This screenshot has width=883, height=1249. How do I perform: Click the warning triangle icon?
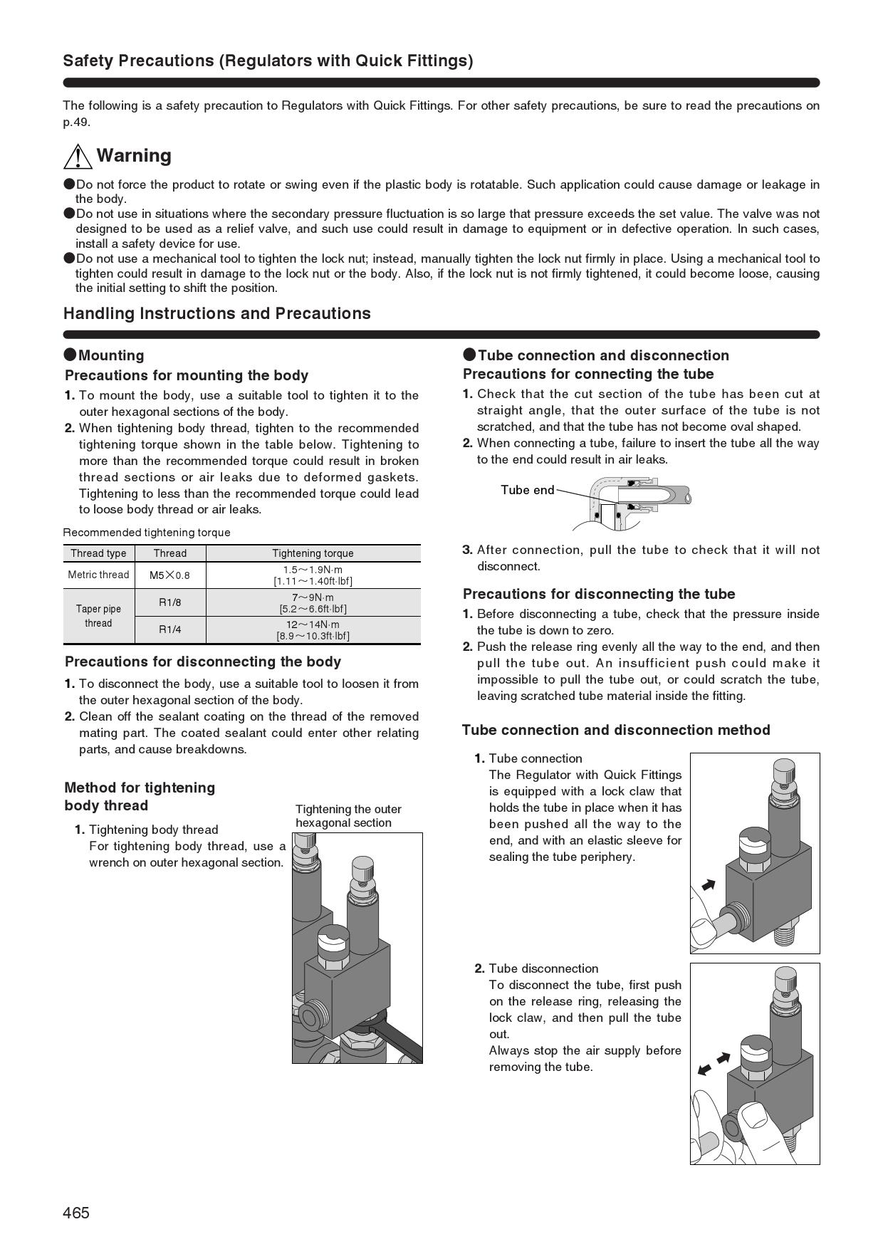point(78,156)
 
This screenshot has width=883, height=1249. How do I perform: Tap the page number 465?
point(76,1213)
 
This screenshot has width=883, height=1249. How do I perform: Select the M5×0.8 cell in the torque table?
point(169,575)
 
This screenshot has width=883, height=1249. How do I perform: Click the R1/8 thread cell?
point(169,602)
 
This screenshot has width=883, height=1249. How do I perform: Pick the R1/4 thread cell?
point(169,629)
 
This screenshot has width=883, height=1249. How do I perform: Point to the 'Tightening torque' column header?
point(313,553)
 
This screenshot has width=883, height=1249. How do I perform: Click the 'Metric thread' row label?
point(98,575)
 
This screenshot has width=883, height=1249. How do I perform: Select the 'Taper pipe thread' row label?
point(98,616)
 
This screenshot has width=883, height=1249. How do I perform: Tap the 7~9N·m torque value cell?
point(313,602)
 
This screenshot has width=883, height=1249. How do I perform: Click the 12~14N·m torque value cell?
point(313,630)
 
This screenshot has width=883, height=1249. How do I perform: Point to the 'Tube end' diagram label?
point(527,490)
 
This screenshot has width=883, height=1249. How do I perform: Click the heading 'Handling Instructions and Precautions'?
point(217,313)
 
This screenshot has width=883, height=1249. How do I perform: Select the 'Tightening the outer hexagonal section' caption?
point(348,816)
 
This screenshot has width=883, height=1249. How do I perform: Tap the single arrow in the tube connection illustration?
point(709,885)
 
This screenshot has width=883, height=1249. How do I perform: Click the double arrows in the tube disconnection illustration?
point(714,1063)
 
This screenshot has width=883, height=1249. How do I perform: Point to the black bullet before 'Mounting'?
point(70,355)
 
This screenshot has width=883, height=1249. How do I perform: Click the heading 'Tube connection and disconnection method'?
point(616,730)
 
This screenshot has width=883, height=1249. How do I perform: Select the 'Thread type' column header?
point(98,553)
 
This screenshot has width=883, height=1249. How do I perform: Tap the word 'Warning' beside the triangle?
point(134,156)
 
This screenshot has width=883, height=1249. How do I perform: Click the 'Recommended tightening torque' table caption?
point(147,533)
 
